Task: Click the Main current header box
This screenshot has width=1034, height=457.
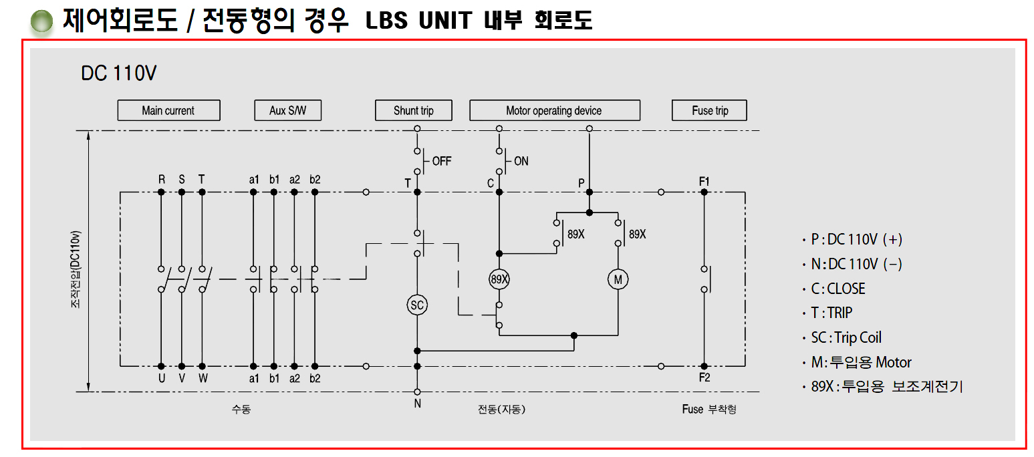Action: [168, 110]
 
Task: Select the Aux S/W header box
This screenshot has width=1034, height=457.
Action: [287, 110]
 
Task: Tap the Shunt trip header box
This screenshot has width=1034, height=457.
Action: [413, 110]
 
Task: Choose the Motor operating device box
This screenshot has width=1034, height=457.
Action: [554, 110]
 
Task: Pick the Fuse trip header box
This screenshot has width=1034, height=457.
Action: [709, 110]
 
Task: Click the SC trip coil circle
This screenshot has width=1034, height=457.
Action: [417, 305]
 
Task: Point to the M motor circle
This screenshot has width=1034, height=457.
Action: [618, 279]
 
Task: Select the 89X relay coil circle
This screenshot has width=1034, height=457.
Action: [499, 279]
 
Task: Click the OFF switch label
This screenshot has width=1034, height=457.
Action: [442, 161]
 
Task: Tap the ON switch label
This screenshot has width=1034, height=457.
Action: [521, 161]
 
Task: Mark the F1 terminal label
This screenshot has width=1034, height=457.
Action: [704, 181]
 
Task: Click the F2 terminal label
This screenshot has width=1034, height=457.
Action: [704, 377]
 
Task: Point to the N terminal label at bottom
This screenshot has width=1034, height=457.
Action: [417, 404]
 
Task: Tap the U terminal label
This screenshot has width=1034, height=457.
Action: [161, 377]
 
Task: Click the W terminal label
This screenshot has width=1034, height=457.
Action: [203, 377]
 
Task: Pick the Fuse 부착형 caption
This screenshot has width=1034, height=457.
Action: [709, 409]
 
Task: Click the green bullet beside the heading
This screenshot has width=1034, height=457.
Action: [41, 23]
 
